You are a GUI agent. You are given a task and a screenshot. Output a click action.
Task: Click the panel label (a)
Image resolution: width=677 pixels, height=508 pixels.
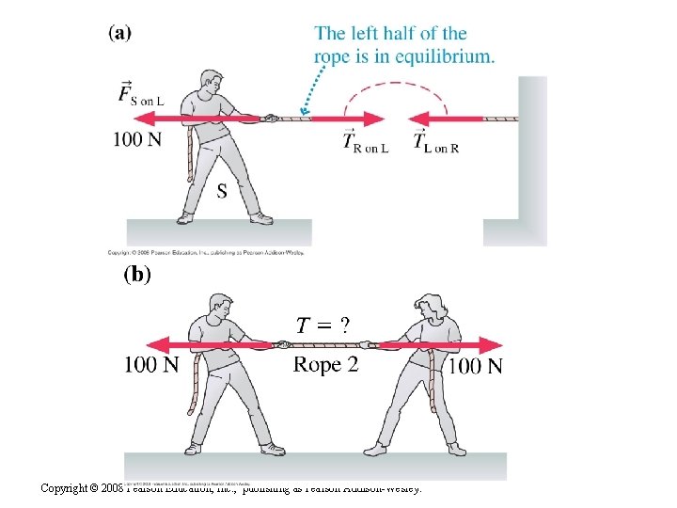coord(120,32)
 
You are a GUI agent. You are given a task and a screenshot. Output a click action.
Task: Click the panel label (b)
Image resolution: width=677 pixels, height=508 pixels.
coord(137,275)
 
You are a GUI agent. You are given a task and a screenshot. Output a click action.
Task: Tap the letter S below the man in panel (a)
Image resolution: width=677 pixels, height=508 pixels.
coord(221,192)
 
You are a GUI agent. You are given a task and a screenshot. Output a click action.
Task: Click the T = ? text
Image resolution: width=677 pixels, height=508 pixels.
coord(323,325)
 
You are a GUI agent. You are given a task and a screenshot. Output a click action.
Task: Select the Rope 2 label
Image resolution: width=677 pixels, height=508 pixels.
coord(326,364)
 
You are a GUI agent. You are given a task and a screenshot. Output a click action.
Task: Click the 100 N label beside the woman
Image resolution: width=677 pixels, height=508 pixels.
coord(475,366)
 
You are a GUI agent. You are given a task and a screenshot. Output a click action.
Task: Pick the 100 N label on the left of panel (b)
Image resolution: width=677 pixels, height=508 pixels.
coord(151,364)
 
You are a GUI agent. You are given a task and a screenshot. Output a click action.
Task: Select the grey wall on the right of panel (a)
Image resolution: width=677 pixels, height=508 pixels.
coord(530,160)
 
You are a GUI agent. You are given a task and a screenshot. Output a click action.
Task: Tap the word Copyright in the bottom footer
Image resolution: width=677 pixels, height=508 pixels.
coord(67,488)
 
